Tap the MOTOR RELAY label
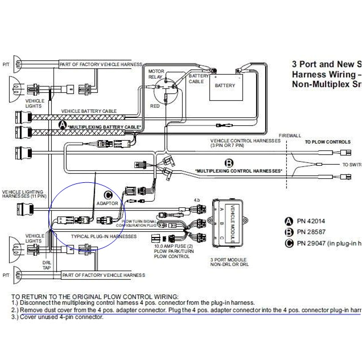[156, 74]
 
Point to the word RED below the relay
[154, 106]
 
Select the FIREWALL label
[289, 136]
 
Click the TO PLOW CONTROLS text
[327, 142]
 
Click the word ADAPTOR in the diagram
[108, 203]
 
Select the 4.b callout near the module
[197, 200]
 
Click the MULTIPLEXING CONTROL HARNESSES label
[238, 171]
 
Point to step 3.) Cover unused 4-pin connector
[57, 317]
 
